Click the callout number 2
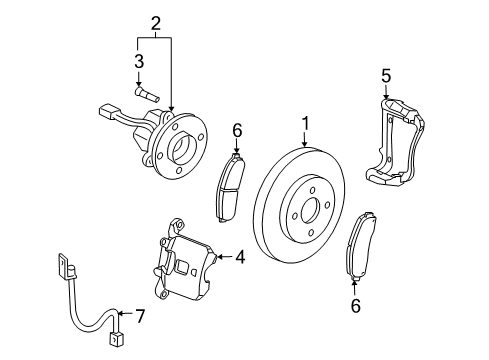click(x=155, y=23)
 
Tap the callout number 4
click(x=240, y=257)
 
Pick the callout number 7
click(x=140, y=317)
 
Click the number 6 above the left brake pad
click(x=236, y=130)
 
